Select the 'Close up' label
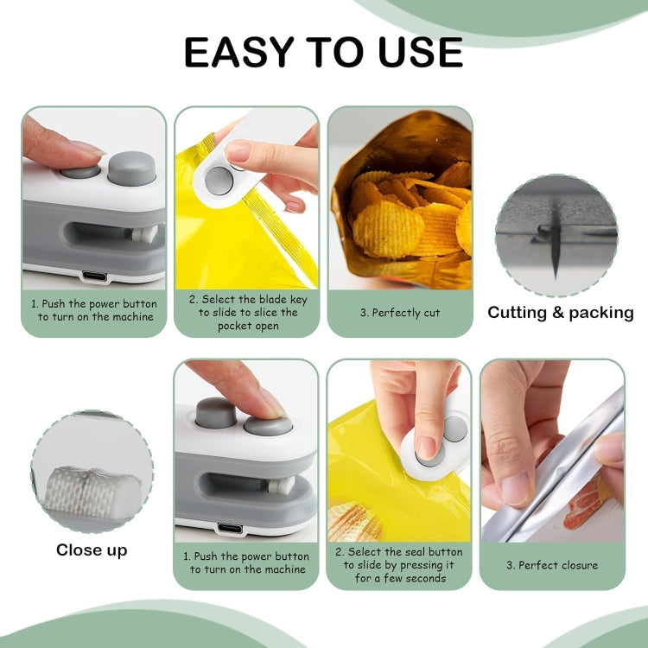click(x=92, y=550)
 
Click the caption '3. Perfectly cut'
click(x=400, y=313)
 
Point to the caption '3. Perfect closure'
click(x=552, y=566)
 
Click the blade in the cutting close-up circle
click(x=553, y=251)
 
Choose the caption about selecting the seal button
click(x=399, y=565)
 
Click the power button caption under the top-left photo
click(x=94, y=311)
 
